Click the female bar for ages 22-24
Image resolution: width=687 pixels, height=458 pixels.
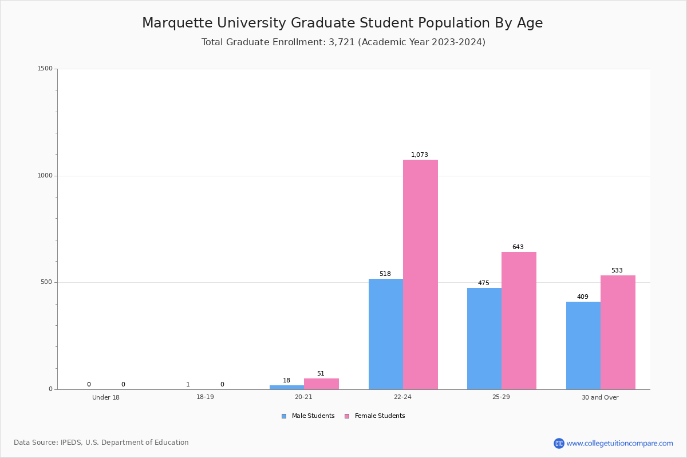coord(420,275)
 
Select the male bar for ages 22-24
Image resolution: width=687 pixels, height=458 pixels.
coord(386,334)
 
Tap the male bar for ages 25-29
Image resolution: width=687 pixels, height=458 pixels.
coord(484,339)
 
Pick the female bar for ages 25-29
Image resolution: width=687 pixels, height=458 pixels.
coord(519,321)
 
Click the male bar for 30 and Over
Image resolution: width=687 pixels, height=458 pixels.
coord(583,346)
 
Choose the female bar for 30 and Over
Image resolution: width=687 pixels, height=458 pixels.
coord(618,333)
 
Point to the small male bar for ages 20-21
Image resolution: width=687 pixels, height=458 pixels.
coord(287,388)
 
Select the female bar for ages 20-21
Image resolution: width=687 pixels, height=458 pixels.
coord(321,384)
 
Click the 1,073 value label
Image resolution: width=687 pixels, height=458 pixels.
coord(420,155)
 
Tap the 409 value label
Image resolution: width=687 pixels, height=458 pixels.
coord(583,297)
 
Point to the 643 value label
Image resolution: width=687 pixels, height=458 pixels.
coord(518,247)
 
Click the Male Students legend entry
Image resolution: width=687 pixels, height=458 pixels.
coord(309,416)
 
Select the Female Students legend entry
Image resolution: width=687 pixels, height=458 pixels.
coord(375,416)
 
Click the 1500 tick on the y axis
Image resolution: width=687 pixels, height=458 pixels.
coord(45,69)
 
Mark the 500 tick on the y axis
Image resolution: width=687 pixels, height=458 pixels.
coord(46,282)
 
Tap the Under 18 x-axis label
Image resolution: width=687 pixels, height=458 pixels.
coord(106,397)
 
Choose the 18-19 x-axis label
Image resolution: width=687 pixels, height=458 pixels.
coord(205,397)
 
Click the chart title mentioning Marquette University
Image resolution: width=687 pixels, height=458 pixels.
coord(342,23)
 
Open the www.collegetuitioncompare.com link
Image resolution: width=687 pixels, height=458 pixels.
coord(619,443)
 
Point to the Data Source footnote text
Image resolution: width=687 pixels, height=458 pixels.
coord(101,443)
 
